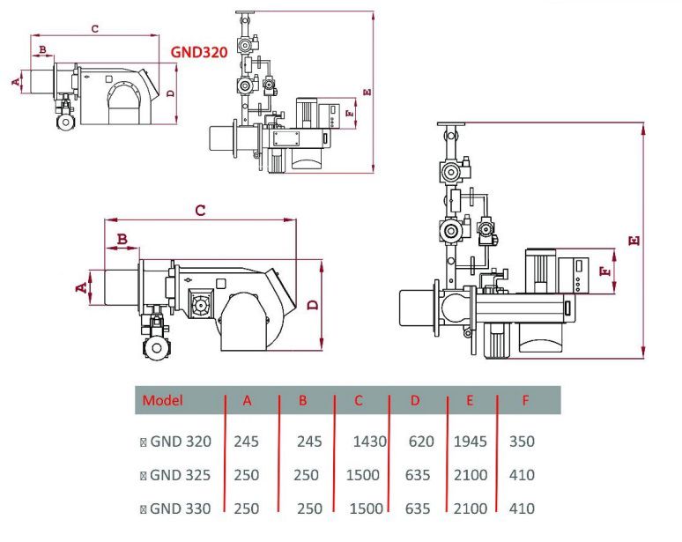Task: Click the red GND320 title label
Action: tap(199, 52)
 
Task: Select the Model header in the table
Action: tap(163, 400)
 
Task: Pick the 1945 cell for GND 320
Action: tap(470, 442)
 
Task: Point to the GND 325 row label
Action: tap(180, 475)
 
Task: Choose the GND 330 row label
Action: tap(180, 509)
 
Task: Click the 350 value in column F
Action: tap(522, 442)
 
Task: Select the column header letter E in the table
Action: tap(470, 400)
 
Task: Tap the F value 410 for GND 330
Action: tap(522, 509)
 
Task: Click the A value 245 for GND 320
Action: tap(247, 442)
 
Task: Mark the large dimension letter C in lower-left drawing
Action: tap(200, 211)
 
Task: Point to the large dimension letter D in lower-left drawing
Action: tap(313, 305)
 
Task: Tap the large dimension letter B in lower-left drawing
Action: tap(122, 239)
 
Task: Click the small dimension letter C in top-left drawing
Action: tap(94, 29)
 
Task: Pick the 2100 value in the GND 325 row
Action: tap(470, 475)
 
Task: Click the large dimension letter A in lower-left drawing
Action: tap(80, 287)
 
